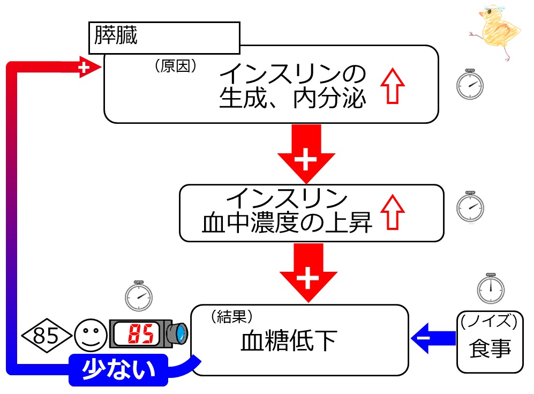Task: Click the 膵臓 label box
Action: (163, 37)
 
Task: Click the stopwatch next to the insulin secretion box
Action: (470, 85)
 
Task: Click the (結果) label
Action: (231, 316)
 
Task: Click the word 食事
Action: (490, 348)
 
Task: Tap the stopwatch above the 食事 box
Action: (490, 288)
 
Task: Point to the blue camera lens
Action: (179, 334)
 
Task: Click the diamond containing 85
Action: (46, 336)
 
